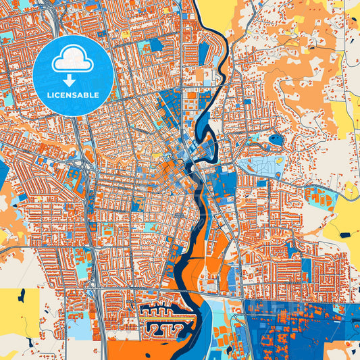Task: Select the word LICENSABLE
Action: coord(73,95)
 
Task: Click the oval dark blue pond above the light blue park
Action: coord(276,140)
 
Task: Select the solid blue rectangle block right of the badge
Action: coord(156,45)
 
